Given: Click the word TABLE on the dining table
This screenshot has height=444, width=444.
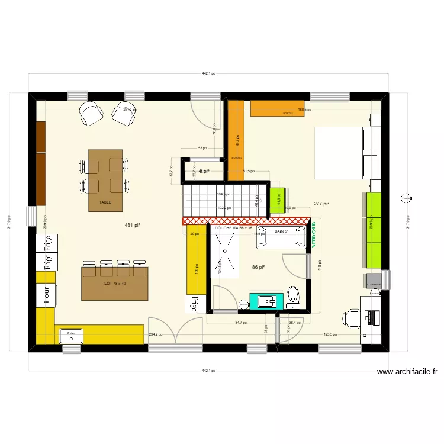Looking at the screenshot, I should (x=105, y=202).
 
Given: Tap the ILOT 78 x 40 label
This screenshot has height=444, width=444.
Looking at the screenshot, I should (x=114, y=284).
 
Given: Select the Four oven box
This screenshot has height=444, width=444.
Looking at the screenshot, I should (x=46, y=295).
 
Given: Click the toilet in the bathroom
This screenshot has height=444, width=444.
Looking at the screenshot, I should (x=292, y=297).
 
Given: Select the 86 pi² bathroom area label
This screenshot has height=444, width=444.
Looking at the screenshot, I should (x=258, y=268).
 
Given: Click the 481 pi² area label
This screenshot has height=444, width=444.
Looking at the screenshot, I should (x=132, y=225).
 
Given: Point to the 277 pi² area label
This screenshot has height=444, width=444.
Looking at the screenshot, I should (x=321, y=204).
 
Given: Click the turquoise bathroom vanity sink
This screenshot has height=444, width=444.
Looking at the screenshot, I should (x=263, y=301).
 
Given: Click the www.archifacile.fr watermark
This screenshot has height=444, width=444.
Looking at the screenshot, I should (x=407, y=372).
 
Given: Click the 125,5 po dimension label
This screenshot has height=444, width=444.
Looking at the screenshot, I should (x=332, y=334).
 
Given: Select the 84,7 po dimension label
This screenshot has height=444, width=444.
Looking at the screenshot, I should (x=241, y=323).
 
